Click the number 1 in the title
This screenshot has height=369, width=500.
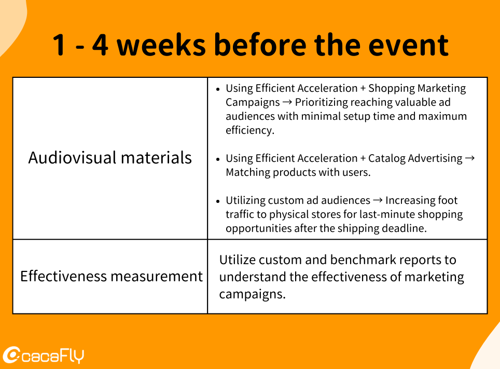coord(59,45)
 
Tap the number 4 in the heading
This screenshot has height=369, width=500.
coord(100,45)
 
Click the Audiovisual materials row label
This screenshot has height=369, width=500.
coord(110,158)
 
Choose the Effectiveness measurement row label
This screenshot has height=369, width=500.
coord(112,276)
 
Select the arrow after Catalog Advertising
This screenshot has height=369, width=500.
coord(470,158)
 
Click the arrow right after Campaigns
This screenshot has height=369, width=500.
coord(287,102)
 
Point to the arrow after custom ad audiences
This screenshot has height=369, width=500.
coord(378,200)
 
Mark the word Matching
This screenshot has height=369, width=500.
coord(248,172)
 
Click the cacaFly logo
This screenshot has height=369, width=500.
coord(44,354)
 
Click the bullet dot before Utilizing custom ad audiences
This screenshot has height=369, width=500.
coord(218,201)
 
